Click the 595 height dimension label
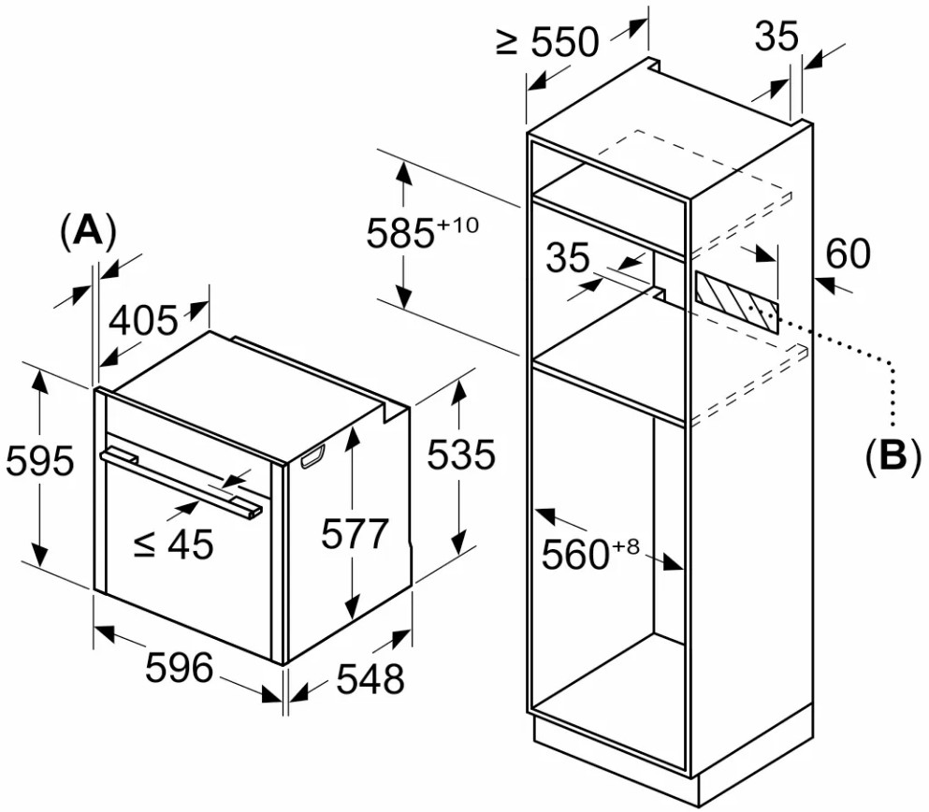39,462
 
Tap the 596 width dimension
180,668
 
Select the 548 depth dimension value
370,679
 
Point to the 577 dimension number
354,534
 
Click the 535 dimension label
460,456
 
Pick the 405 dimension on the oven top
143,322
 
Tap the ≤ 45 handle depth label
174,544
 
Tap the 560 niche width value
575,556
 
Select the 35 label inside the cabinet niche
569,259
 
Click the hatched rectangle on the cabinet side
735,302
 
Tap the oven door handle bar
183,479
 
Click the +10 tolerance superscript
457,225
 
